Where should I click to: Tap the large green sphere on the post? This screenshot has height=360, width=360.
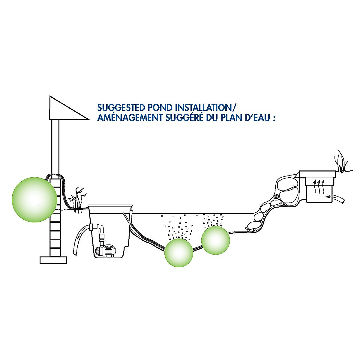pyautogui.click(x=34, y=199)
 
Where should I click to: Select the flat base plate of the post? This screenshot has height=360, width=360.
pyautogui.click(x=53, y=260)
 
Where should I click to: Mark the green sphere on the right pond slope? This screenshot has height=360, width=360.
pyautogui.click(x=215, y=240)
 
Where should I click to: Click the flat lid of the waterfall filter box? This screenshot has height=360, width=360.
pyautogui.click(x=317, y=174)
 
